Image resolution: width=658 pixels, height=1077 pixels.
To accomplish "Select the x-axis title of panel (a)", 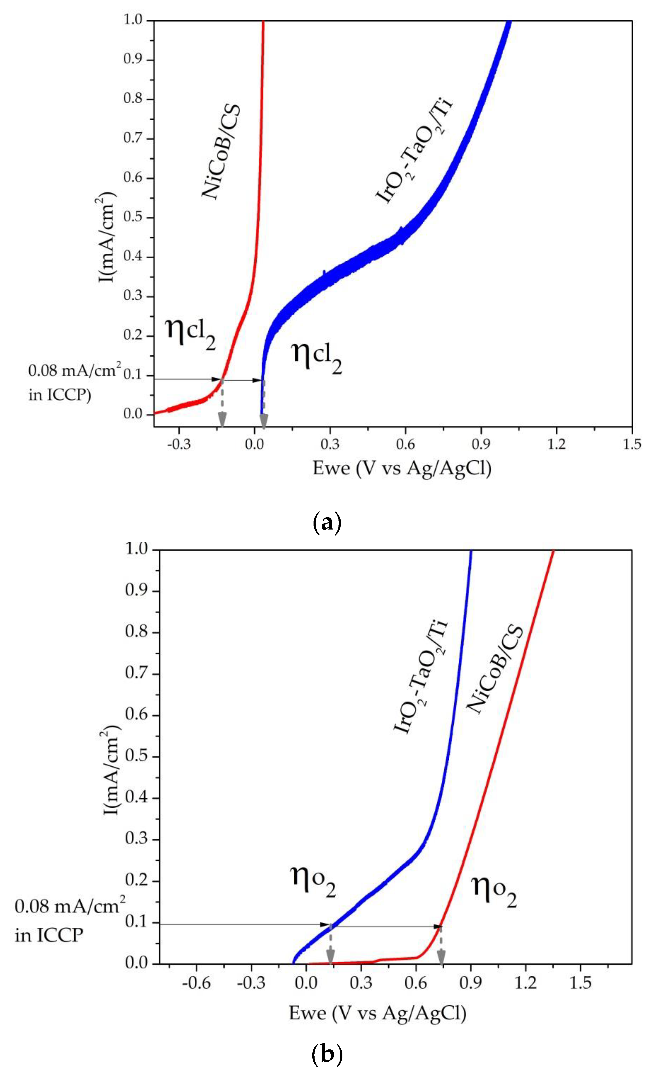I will pos(402,469).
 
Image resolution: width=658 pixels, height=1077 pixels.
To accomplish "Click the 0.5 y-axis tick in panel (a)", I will pos(134,218).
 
